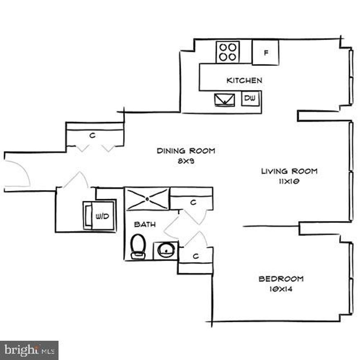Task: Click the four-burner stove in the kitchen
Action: click(227, 52)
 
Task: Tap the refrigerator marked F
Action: click(265, 52)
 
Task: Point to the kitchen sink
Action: click(225, 99)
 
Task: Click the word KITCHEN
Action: click(244, 81)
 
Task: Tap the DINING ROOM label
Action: click(186, 151)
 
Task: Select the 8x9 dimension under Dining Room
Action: click(186, 161)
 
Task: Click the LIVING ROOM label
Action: click(289, 171)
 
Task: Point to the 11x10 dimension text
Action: click(289, 182)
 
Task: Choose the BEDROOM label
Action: click(281, 279)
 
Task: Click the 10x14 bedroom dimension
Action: click(281, 290)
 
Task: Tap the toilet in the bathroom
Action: click(138, 247)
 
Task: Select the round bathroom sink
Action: click(165, 250)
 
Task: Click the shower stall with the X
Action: click(147, 199)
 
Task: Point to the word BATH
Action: click(145, 225)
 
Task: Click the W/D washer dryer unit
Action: click(100, 216)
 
